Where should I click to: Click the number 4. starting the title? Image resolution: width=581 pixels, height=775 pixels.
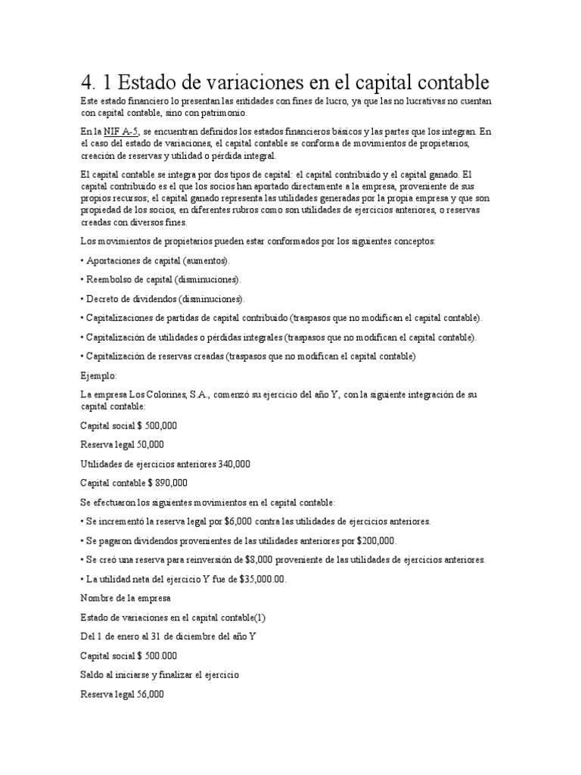click(89, 82)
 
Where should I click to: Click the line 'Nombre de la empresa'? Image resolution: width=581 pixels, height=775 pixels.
click(126, 599)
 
